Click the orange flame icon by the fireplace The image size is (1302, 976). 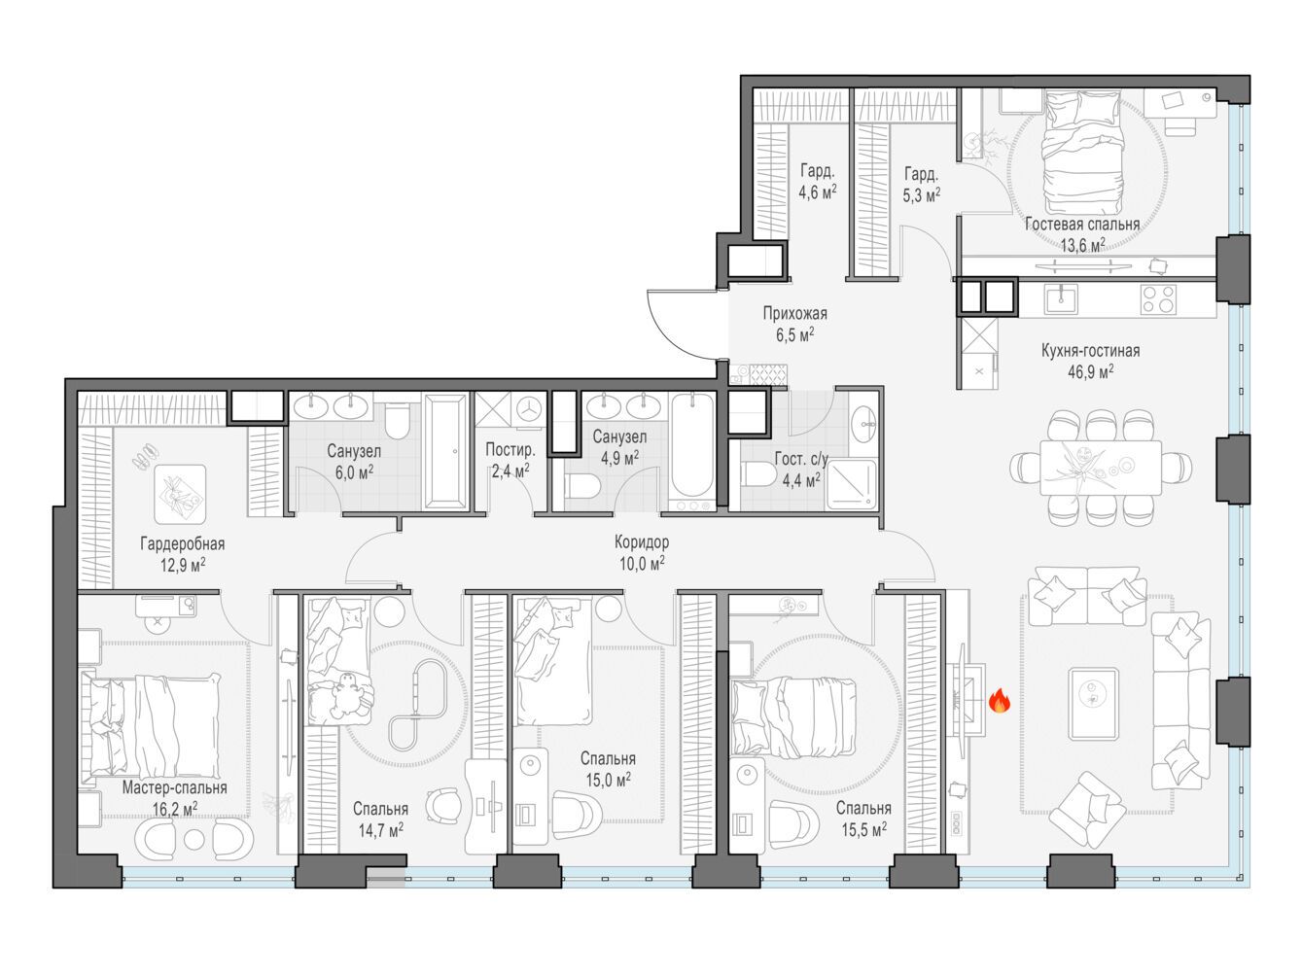coord(1000,701)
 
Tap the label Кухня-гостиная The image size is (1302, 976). coord(1090,350)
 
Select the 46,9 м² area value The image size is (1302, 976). coord(1090,372)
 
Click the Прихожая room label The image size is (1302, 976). coord(794,313)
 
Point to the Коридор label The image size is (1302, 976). coord(642,541)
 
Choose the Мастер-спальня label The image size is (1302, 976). coord(174,787)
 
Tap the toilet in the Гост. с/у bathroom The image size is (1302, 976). coord(758,475)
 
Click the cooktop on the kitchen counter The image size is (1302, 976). coord(1158,298)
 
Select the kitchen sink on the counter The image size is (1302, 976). coord(1061,297)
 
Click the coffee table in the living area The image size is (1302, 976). coord(1093,704)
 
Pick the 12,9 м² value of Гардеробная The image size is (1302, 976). coord(183,565)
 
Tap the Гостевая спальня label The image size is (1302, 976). coord(1082,225)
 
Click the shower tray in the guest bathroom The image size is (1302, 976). coord(851,484)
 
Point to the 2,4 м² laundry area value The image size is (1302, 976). coord(510,471)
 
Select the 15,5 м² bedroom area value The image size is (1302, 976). coord(864,829)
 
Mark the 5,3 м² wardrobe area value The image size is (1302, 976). coord(921,195)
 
